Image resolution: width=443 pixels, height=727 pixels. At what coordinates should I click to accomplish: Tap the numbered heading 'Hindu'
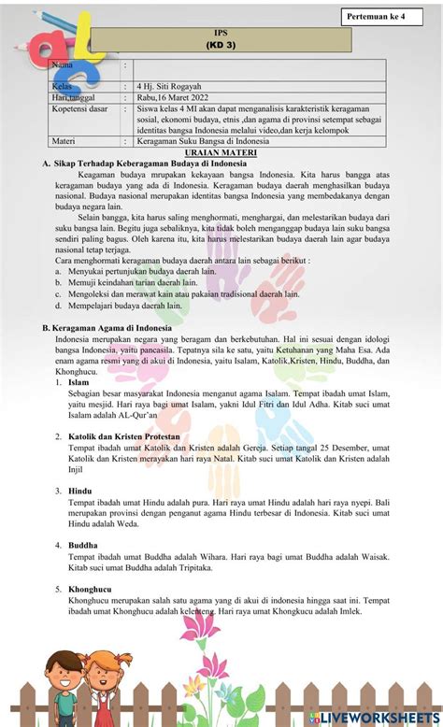(x=80, y=491)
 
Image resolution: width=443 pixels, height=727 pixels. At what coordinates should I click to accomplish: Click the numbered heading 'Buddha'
(x=83, y=543)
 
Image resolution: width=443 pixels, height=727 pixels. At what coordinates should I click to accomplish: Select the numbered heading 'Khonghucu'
(x=90, y=590)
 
